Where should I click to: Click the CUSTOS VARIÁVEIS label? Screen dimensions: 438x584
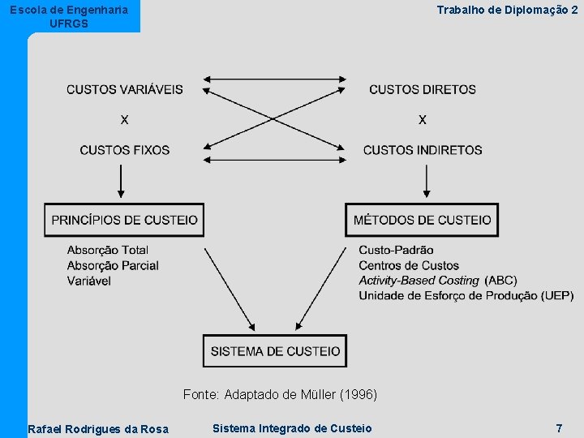(125, 89)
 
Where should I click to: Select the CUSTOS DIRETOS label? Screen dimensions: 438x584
(423, 89)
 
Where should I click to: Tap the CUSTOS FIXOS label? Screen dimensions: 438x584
(125, 150)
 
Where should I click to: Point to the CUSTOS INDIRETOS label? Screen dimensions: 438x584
(423, 150)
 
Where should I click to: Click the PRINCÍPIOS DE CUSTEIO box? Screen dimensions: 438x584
(124, 220)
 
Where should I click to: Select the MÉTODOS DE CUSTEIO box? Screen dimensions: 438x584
(423, 220)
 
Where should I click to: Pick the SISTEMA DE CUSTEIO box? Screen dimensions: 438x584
(275, 351)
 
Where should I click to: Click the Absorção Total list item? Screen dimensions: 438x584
(108, 250)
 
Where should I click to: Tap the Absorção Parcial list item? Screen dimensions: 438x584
(113, 265)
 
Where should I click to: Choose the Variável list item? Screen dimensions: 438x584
(89, 281)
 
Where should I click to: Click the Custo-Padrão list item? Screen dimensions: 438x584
(396, 250)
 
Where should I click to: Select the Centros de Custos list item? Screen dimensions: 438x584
(409, 265)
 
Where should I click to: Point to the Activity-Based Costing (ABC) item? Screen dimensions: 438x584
(438, 281)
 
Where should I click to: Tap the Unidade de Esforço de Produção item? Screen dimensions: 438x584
(466, 296)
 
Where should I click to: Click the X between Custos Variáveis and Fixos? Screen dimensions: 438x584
(124, 120)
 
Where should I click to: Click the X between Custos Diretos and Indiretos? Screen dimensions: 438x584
(423, 120)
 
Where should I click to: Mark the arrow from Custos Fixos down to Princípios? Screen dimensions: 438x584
(121, 181)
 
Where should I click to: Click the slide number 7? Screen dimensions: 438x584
(559, 427)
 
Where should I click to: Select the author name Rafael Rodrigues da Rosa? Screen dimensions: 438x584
(98, 429)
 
